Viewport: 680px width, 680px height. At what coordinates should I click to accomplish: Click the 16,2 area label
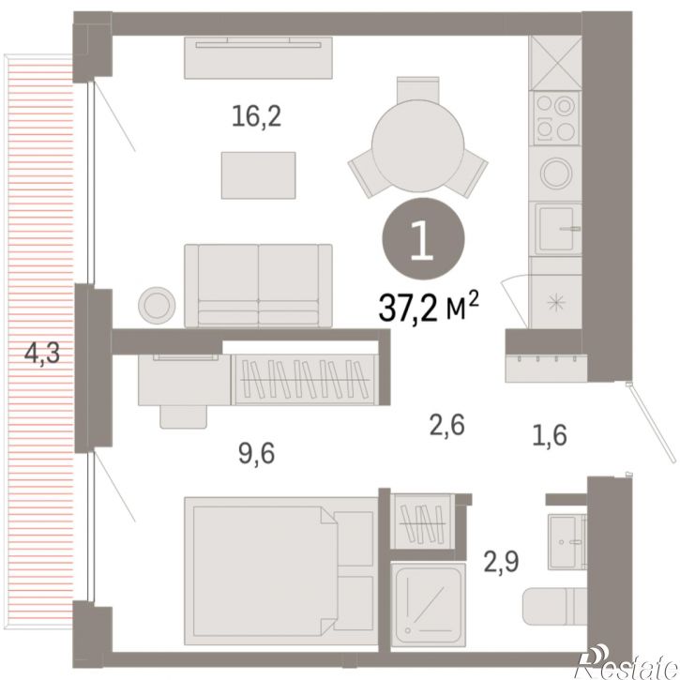(x=256, y=116)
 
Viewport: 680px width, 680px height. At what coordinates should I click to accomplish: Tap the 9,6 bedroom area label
(x=256, y=453)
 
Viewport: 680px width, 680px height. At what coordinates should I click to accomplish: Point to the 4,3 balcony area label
(x=42, y=353)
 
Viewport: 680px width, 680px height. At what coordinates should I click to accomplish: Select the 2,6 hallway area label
(x=447, y=424)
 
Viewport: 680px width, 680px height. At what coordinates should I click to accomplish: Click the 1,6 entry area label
(x=550, y=434)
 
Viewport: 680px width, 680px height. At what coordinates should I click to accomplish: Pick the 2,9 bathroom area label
(x=501, y=562)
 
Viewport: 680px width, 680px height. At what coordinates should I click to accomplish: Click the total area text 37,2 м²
(x=429, y=307)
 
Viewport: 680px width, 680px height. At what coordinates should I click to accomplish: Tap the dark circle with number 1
(x=423, y=239)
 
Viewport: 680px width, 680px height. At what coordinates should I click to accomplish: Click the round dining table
(x=418, y=146)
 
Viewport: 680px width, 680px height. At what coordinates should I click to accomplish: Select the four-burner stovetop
(x=555, y=118)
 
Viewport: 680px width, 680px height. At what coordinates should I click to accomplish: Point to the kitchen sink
(x=558, y=229)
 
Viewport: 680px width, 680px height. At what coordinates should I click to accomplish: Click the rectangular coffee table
(x=259, y=175)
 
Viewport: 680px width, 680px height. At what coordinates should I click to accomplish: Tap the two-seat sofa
(x=259, y=286)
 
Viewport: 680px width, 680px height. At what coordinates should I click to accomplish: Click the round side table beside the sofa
(x=157, y=306)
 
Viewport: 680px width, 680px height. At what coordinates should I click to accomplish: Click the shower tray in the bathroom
(x=428, y=605)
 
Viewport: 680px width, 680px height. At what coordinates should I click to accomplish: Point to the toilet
(x=554, y=606)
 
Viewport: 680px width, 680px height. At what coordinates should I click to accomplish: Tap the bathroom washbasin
(x=567, y=542)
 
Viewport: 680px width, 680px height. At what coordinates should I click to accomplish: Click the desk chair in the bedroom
(x=184, y=416)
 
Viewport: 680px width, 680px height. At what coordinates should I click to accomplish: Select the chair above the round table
(x=418, y=89)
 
